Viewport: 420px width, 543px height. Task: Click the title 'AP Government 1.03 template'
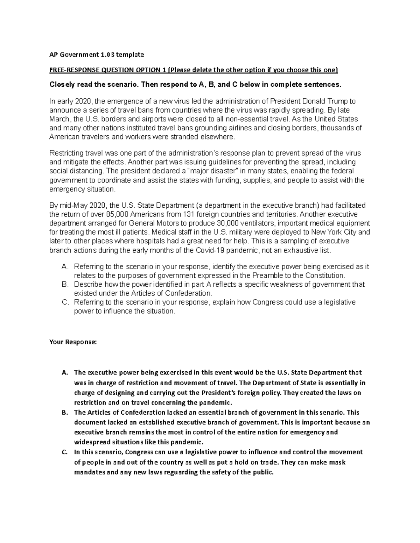click(97, 55)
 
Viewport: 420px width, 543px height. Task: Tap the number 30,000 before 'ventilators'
click(228, 223)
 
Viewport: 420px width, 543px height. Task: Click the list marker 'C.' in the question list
click(64, 302)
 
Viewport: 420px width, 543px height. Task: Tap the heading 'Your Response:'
click(72, 342)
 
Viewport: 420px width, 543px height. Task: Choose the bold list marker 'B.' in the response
click(64, 413)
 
